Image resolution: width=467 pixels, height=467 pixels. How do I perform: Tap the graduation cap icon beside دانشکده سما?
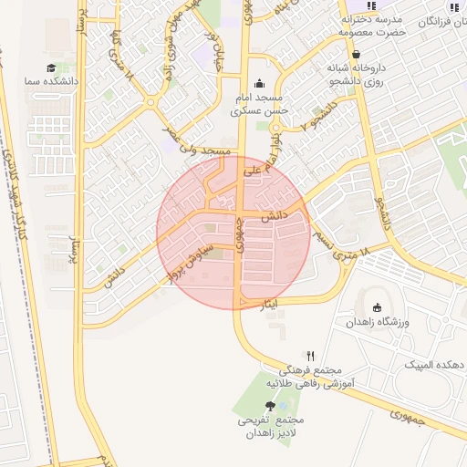coord(52,68)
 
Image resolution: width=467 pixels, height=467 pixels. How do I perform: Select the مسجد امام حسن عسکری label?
coord(260,104)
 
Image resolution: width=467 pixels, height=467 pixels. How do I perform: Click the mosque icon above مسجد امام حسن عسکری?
coord(259,83)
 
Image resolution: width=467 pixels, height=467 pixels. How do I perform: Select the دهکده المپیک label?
coord(434,364)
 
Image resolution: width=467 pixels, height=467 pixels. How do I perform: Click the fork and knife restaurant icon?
coord(311,356)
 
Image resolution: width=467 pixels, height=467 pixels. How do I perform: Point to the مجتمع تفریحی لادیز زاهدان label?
coord(271,427)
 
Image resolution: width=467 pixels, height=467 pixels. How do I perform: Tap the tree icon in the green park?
coord(270,406)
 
